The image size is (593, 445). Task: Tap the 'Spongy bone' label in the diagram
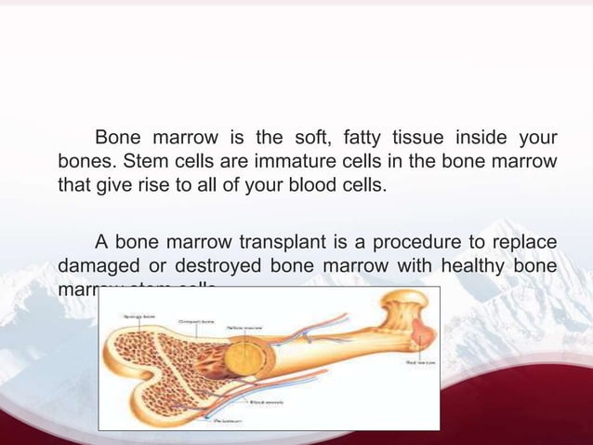[138, 317]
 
